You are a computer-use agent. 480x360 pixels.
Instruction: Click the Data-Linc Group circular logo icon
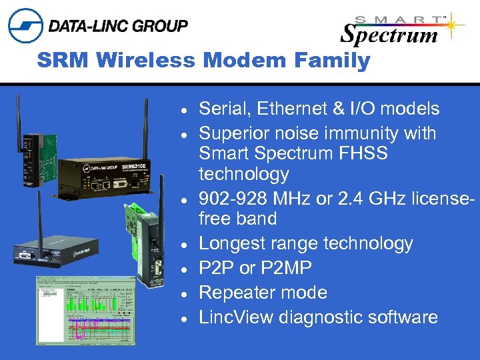[x=25, y=26]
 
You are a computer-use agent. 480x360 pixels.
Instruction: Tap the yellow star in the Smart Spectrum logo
[x=455, y=24]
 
